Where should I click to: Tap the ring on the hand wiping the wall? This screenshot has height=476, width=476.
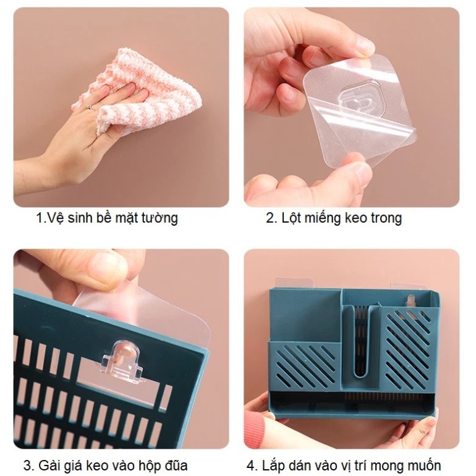click(x=91, y=108)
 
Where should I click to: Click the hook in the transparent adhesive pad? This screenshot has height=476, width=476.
click(x=357, y=102)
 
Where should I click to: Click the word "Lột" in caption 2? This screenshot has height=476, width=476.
click(x=292, y=218)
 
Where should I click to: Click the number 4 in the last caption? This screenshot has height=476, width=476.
click(x=252, y=465)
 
